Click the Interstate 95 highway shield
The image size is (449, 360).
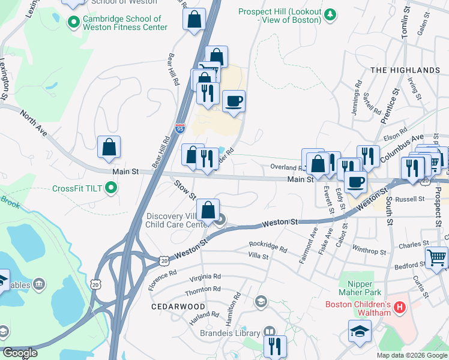click(180, 128)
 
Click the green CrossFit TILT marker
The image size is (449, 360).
click(110, 189)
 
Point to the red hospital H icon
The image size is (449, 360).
click(400, 307)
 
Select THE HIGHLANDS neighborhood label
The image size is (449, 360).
click(405, 70)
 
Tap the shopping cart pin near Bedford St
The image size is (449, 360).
click(436, 258)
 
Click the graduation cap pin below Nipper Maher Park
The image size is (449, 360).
click(360, 331)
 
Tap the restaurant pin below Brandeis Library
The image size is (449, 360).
click(275, 346)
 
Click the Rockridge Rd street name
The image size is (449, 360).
click(268, 247)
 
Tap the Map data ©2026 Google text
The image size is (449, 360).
click(411, 355)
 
